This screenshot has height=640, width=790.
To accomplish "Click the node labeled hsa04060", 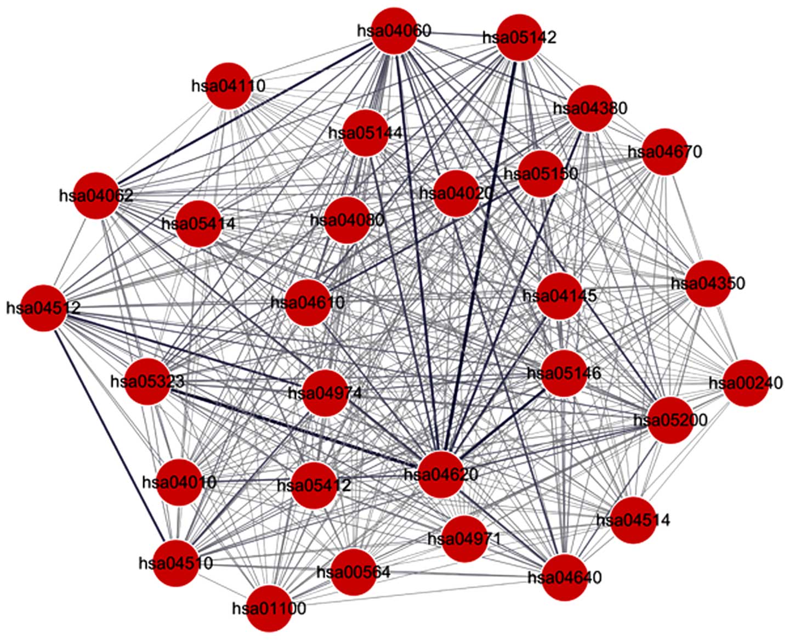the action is pos(394,31).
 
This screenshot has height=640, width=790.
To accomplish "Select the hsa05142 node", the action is pos(519,37).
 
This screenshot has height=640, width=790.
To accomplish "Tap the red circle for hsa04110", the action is pos(228,86).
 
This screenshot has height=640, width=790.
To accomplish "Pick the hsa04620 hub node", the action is pos(441,474).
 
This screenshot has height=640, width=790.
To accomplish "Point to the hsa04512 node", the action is pos(43,308).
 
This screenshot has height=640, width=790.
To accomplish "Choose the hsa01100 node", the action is pos(269,608).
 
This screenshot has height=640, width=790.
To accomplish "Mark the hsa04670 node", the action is pos(664,151).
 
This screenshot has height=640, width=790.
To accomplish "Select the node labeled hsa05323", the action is pos(147,382).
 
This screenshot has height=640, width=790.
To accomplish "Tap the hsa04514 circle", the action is pos(633,520).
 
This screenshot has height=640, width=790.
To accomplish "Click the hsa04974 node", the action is pos(325,393).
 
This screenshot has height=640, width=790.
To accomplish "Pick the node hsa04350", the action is pos(708,284).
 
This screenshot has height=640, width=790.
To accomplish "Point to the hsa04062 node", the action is pos(96,195).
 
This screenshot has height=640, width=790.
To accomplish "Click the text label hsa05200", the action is pos(670,421).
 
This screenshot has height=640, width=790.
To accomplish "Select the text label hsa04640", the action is pos(565,577).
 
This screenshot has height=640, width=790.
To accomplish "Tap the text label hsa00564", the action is pos(354,572).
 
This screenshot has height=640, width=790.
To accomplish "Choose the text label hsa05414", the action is pos(198,224).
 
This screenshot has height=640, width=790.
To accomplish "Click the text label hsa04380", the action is pos(590,108).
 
